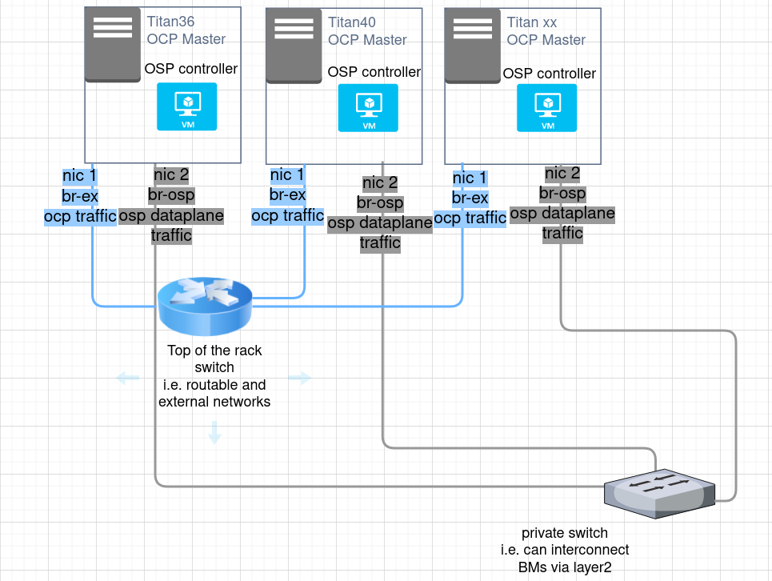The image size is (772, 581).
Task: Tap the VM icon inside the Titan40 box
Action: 368,107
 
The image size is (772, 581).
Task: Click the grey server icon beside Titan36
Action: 113,42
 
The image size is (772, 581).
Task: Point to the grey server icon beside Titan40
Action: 294,43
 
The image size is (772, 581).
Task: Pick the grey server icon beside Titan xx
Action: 472,43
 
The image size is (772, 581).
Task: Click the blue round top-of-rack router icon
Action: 205,307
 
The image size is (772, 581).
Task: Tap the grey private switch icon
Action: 659,491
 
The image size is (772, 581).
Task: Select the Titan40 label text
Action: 351,22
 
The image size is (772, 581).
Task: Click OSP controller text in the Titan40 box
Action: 374,72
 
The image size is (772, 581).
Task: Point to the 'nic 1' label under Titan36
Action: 80,176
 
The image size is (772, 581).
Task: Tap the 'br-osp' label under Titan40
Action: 380,203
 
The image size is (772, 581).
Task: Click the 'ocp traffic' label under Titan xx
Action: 470,218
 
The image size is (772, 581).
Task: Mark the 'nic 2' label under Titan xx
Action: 562,174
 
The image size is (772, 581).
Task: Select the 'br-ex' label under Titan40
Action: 287,194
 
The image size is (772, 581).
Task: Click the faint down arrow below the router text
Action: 214,433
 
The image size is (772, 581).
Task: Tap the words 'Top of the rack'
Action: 214,351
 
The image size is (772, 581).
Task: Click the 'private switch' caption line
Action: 564,533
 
